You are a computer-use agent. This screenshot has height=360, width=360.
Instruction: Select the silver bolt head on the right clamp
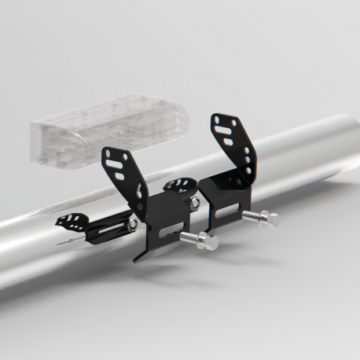(269, 219)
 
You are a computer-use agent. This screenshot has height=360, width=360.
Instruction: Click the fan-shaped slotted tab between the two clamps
(179, 187)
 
